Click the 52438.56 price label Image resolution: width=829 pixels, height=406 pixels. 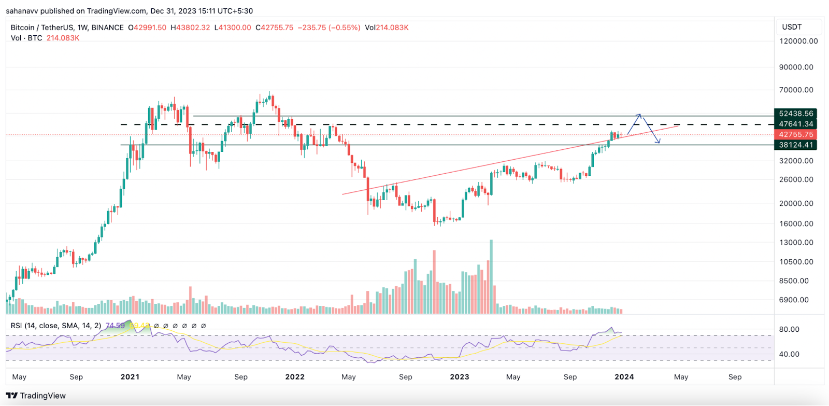click(796, 114)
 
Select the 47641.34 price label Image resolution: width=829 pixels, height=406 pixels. click(796, 124)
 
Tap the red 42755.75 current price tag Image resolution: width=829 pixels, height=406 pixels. click(796, 134)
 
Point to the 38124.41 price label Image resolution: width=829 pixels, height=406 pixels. click(796, 145)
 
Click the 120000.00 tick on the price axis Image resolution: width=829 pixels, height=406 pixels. click(798, 41)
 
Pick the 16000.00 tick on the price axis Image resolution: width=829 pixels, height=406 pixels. click(796, 223)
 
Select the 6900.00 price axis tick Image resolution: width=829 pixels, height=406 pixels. click(794, 300)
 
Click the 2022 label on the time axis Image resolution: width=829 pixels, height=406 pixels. click(295, 377)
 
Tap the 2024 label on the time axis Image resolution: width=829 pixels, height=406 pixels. click(624, 377)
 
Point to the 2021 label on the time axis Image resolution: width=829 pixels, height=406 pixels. click(130, 377)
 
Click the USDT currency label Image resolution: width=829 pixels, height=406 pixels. click(792, 27)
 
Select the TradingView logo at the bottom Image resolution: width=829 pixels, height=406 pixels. click(36, 396)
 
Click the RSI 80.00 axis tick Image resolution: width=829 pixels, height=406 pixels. click(789, 329)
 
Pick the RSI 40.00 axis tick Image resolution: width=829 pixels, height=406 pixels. click(789, 354)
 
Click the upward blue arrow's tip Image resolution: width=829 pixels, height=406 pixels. click(640, 115)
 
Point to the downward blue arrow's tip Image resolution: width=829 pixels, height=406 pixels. click(659, 143)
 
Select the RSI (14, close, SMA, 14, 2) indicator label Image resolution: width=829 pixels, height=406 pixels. click(56, 326)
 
